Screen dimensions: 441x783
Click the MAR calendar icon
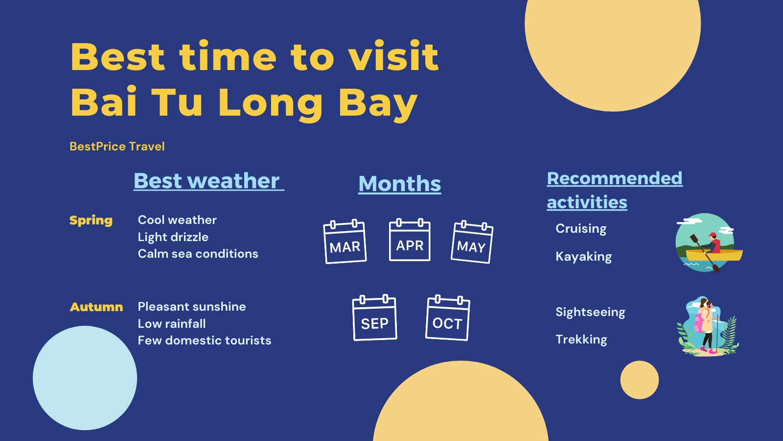click(345, 242)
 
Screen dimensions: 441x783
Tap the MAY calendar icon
click(472, 242)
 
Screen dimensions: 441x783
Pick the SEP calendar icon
click(375, 318)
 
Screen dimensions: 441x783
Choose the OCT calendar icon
click(448, 318)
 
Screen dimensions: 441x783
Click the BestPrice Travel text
click(117, 147)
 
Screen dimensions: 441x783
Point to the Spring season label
click(91, 220)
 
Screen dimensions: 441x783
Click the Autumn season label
click(96, 307)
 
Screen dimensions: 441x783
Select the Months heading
click(400, 184)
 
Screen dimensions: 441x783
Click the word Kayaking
click(583, 257)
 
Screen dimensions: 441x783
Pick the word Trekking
click(581, 340)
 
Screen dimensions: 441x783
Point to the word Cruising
click(581, 229)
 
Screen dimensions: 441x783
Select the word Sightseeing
click(590, 312)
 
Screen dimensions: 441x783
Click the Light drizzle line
click(173, 237)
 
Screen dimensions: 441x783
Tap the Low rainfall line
click(172, 324)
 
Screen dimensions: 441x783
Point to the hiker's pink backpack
click(699, 322)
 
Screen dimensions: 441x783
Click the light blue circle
click(85, 378)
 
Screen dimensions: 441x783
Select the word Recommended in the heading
click(614, 178)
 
